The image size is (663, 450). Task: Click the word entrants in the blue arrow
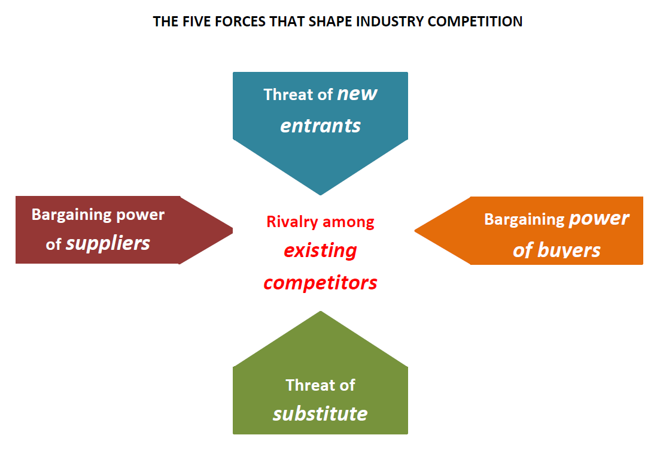321,125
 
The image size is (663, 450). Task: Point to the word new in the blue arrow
357,93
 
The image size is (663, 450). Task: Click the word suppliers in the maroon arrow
108,243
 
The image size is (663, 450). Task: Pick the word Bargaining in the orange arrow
524,219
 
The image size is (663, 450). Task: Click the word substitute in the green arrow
320,413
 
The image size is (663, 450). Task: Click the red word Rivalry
293,222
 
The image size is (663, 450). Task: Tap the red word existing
320,250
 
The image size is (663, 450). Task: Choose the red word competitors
320,282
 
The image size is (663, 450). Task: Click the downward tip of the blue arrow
321,193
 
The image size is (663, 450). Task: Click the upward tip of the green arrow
321,313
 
